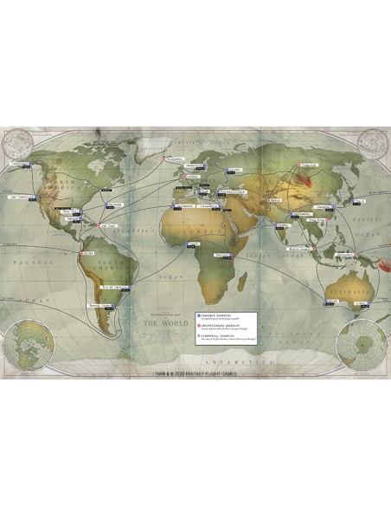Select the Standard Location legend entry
coord(227,317)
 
